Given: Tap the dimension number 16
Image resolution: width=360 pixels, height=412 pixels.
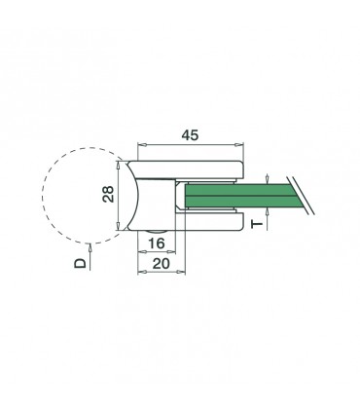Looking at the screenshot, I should (155, 241).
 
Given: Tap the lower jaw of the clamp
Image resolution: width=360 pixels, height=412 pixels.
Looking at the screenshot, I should (209, 223).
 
